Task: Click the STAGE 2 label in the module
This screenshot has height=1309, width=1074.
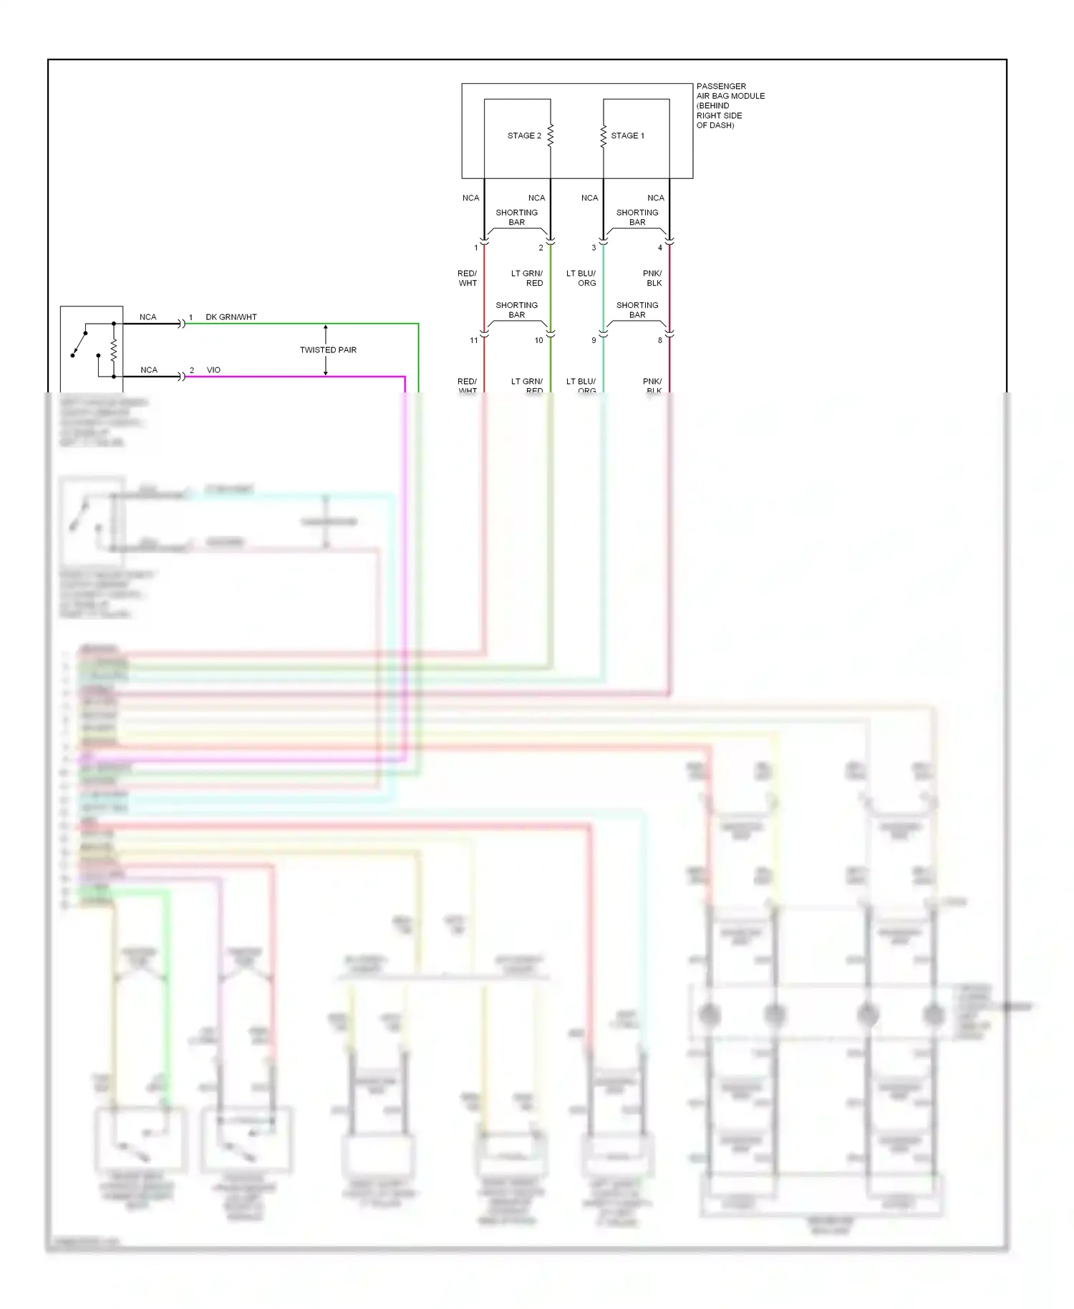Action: coord(524,135)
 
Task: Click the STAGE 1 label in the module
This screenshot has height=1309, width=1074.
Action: coord(627,135)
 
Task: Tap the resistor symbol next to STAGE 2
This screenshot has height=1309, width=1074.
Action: coord(551,135)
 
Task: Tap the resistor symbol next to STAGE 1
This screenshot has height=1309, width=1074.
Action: coord(604,135)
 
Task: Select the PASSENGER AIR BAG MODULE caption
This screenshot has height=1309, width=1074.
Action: coord(730,105)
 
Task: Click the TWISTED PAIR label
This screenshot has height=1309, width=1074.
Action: coord(328,350)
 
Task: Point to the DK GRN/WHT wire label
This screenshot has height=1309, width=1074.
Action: coord(231,317)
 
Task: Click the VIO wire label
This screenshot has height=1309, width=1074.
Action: coord(213,370)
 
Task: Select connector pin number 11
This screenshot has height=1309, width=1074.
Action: coord(473,341)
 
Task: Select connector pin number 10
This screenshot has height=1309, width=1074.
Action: coord(538,341)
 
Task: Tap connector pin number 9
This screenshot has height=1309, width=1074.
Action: coord(594,341)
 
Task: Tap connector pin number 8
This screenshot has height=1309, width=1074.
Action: coord(660,341)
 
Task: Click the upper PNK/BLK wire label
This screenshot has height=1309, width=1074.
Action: coord(652,279)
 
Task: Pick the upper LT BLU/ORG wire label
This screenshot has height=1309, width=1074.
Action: coord(581,279)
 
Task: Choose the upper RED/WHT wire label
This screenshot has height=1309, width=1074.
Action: coord(467,279)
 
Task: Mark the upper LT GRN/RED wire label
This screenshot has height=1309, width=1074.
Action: coord(527,279)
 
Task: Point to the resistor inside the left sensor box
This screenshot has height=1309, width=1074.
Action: coord(114,350)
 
